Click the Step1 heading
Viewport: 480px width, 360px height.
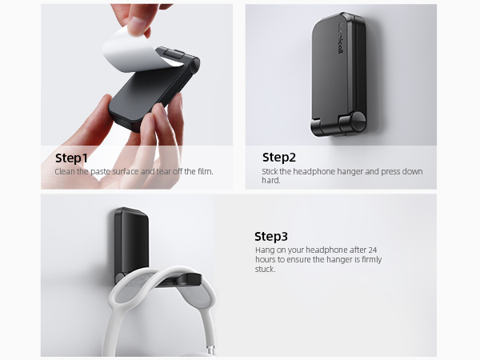click(x=71, y=157)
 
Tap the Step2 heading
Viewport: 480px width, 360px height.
click(x=279, y=157)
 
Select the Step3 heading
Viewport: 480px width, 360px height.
click(x=271, y=236)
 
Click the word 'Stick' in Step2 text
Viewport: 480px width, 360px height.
click(x=270, y=171)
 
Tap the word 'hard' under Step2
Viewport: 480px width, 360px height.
click(x=270, y=181)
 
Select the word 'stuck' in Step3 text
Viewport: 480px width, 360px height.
click(x=264, y=270)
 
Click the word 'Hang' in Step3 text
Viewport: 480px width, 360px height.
click(x=263, y=250)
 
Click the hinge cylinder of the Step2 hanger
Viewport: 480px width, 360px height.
click(x=353, y=124)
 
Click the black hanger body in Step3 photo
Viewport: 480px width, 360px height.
click(x=130, y=240)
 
